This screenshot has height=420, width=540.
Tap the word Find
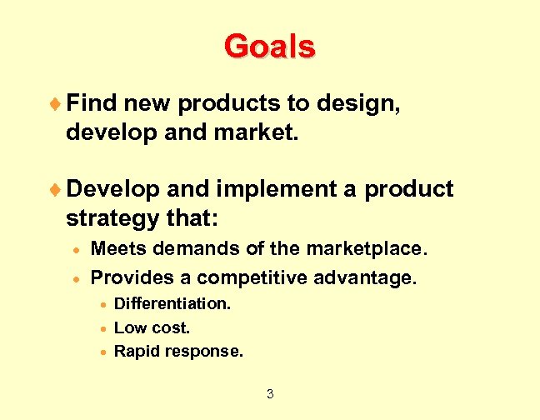pos(92,103)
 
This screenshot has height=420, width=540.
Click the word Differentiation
pos(172,303)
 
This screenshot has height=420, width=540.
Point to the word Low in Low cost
pos(129,327)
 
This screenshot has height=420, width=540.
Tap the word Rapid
pos(135,352)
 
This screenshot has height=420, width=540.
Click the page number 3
pos(269,393)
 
